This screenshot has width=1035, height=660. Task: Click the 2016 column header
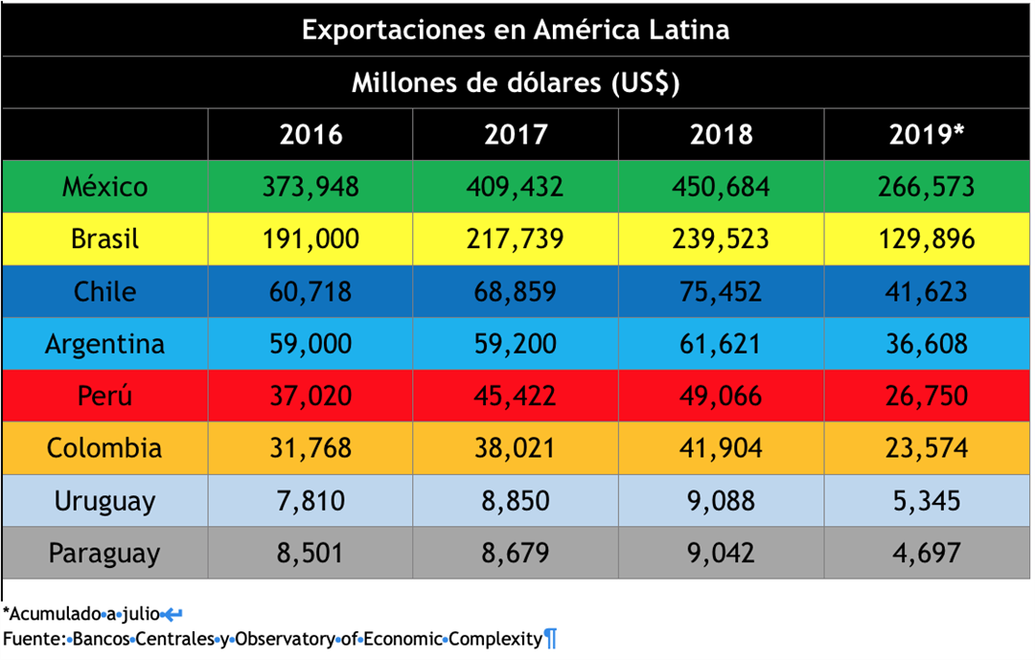[310, 134]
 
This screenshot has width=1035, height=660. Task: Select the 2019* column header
[926, 134]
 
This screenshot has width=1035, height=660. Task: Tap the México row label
[105, 187]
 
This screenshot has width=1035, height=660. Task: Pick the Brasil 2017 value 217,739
[516, 239]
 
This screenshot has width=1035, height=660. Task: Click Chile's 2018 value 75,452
[721, 291]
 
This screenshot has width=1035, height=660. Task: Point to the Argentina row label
[105, 344]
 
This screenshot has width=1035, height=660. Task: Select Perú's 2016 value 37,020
[310, 396]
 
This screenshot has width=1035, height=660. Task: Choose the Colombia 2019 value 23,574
[926, 448]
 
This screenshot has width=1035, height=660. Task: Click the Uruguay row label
[105, 501]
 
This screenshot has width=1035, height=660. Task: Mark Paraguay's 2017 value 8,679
[516, 553]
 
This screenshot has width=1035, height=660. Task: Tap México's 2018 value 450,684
[721, 187]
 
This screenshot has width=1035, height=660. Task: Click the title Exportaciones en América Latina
[516, 30]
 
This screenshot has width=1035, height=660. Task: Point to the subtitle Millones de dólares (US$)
[516, 82]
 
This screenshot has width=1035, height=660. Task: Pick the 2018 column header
[721, 134]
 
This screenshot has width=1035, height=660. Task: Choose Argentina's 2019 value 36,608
[926, 344]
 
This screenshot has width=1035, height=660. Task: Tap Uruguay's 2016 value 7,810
[310, 501]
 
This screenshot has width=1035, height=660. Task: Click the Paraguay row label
[105, 553]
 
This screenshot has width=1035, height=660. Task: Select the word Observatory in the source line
[287, 638]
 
